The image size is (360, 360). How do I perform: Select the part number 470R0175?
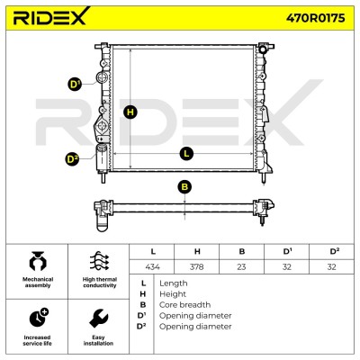[x=315, y=18]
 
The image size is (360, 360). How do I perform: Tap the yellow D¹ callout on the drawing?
[x=74, y=85]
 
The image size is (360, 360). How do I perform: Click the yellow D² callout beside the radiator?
[x=72, y=159]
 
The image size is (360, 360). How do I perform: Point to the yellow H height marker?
[x=130, y=112]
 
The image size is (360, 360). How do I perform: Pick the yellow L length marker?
[x=186, y=154]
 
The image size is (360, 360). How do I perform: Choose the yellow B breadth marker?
[x=184, y=187]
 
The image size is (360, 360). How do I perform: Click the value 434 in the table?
[x=152, y=266]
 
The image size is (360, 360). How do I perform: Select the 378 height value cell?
[x=197, y=266]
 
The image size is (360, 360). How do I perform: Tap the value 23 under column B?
[x=241, y=266]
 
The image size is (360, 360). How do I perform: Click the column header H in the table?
[x=197, y=251]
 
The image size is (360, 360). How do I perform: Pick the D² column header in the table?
[x=334, y=251]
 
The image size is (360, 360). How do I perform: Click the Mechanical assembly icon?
[x=38, y=262]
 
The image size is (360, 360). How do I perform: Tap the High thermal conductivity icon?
[x=99, y=262]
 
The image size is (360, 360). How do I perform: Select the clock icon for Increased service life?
[x=39, y=318]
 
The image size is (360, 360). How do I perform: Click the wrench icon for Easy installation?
[x=99, y=319]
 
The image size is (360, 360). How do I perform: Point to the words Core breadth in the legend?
[x=184, y=305]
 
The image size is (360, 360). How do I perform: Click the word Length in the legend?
[x=174, y=283]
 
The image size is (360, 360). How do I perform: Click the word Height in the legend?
[x=173, y=294]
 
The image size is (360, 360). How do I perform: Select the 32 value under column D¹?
[x=287, y=266]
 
